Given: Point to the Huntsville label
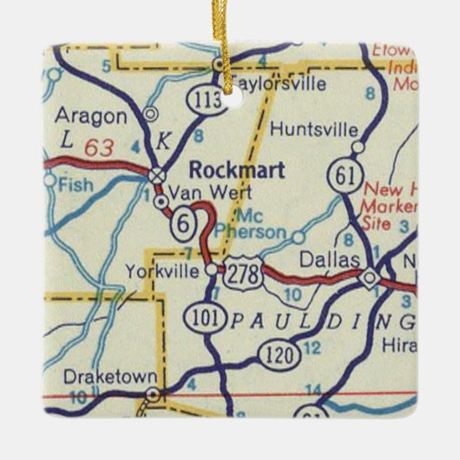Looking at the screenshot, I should [313, 129].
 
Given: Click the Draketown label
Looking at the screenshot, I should [109, 378].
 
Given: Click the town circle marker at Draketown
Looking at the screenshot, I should [153, 394].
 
